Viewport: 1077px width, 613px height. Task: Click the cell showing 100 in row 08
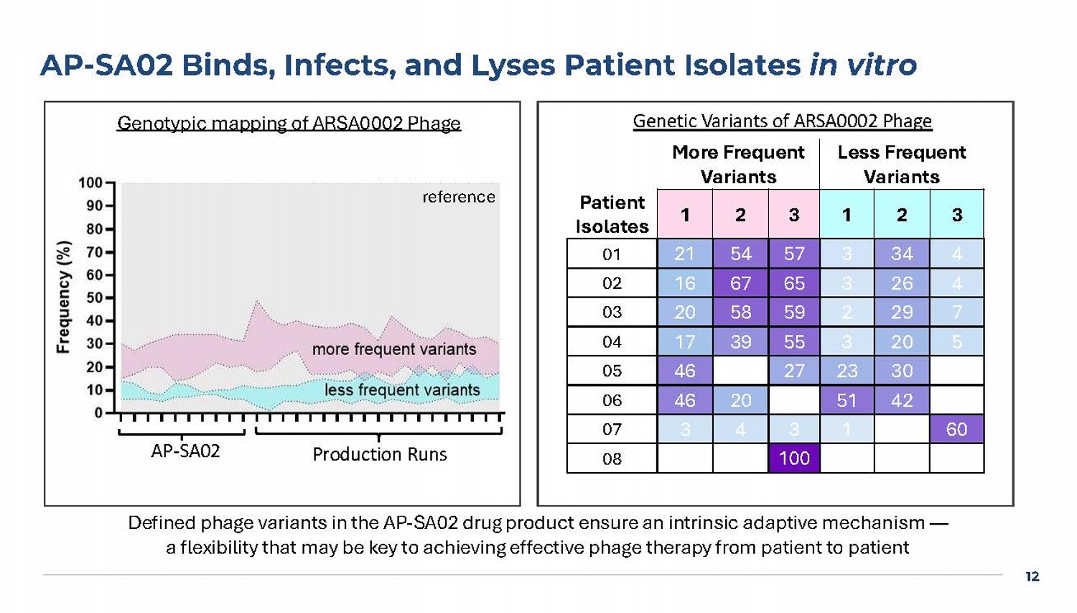point(793,458)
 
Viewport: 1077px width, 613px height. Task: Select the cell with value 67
point(740,283)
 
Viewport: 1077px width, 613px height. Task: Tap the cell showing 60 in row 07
point(956,429)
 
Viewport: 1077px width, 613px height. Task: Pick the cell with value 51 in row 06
point(847,400)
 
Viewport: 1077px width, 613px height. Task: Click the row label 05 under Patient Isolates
point(612,371)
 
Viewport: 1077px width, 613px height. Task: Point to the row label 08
point(612,458)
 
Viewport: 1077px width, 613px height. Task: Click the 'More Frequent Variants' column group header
point(738,165)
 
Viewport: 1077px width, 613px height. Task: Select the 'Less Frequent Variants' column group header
point(901,165)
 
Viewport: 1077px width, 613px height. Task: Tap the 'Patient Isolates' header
point(612,214)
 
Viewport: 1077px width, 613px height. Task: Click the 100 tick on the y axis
point(90,183)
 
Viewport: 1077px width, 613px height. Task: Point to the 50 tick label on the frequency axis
point(94,298)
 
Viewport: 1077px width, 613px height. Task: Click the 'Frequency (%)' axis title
point(64,297)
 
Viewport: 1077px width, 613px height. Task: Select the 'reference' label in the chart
point(458,197)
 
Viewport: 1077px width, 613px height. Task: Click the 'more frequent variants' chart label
point(393,349)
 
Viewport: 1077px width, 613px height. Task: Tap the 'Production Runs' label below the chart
point(379,454)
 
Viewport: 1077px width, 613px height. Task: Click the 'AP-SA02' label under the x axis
point(185,451)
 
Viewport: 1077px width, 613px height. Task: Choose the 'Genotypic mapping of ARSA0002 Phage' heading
point(289,124)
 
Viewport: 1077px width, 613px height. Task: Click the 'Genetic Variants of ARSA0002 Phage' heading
point(782,121)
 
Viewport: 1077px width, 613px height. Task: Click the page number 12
point(1032,576)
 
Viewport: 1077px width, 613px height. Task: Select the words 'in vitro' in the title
point(863,65)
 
